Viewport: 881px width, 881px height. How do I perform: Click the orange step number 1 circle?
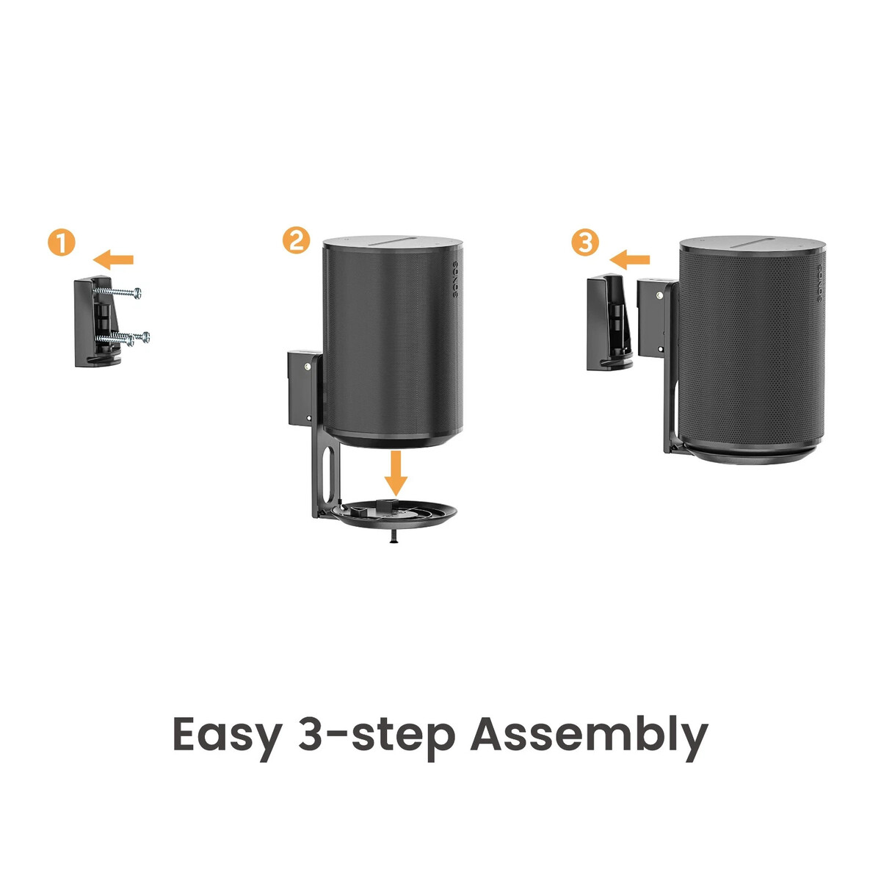point(61,242)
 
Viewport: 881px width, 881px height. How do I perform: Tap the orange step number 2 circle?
point(296,240)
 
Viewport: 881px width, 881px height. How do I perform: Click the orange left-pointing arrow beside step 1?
point(113,259)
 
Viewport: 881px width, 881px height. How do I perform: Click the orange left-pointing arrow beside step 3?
point(629,259)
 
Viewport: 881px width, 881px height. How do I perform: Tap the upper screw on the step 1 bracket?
point(117,292)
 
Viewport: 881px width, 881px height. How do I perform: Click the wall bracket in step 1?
point(98,321)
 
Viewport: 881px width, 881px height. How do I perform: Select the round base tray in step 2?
point(394,514)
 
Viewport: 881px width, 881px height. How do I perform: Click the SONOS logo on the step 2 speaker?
point(455,280)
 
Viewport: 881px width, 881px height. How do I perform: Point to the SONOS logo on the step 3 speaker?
point(820,284)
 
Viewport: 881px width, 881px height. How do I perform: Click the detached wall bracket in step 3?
point(609,321)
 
